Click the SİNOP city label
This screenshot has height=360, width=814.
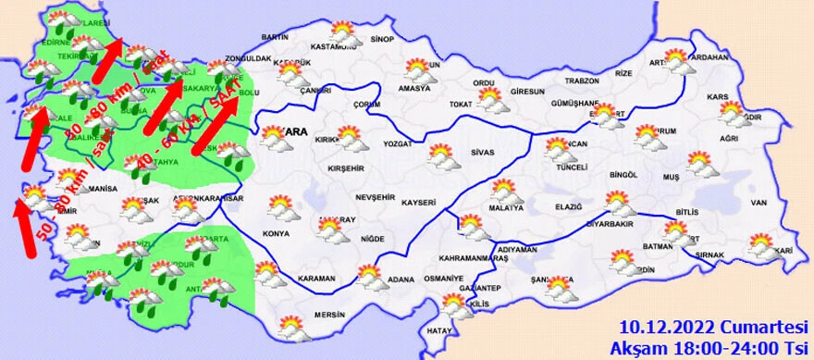pyautogui.click(x=381, y=40)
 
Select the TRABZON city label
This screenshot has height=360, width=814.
pyautogui.click(x=583, y=81)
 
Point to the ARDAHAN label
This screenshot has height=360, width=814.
pyautogui.click(x=710, y=56)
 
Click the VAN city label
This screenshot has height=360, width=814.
pyautogui.click(x=759, y=203)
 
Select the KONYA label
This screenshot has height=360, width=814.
pyautogui.click(x=275, y=233)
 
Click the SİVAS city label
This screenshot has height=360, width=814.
pyautogui.click(x=484, y=150)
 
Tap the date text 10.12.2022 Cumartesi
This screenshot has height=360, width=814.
pyautogui.click(x=714, y=326)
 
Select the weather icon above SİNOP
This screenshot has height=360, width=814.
pyautogui.click(x=344, y=31)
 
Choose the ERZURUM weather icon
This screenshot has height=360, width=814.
pyautogui.click(x=648, y=136)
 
